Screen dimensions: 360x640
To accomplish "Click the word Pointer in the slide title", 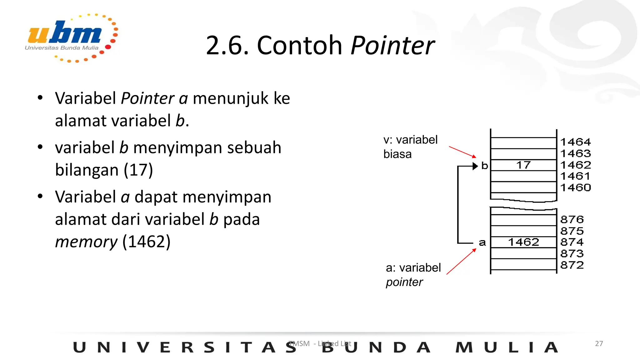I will click(x=392, y=46).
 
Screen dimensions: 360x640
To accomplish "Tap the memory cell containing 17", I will click(x=523, y=165).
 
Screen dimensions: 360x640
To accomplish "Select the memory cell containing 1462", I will click(x=523, y=242).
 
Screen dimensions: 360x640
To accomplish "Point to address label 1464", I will click(x=575, y=142).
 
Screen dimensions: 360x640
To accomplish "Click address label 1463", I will click(x=575, y=153).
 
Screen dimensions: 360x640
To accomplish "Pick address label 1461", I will click(x=575, y=176).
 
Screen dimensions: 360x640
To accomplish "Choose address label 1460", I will click(x=575, y=187).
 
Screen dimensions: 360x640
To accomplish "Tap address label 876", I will click(x=572, y=219).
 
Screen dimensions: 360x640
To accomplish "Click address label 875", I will click(x=572, y=231).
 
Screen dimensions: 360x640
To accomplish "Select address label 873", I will click(x=572, y=253).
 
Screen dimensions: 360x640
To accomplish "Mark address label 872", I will click(x=572, y=265).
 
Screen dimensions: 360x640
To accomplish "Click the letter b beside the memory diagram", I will click(x=485, y=166).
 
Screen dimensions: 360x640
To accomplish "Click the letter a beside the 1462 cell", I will click(x=482, y=242).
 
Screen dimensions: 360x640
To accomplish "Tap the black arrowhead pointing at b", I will click(x=475, y=166).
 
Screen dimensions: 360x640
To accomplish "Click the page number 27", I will click(x=599, y=343).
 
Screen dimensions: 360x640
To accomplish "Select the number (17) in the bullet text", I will click(x=138, y=170).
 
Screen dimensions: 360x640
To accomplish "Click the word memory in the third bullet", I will click(x=86, y=242).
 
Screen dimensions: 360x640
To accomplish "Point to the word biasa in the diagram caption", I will click(x=397, y=154).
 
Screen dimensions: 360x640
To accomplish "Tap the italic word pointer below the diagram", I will click(x=404, y=282).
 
